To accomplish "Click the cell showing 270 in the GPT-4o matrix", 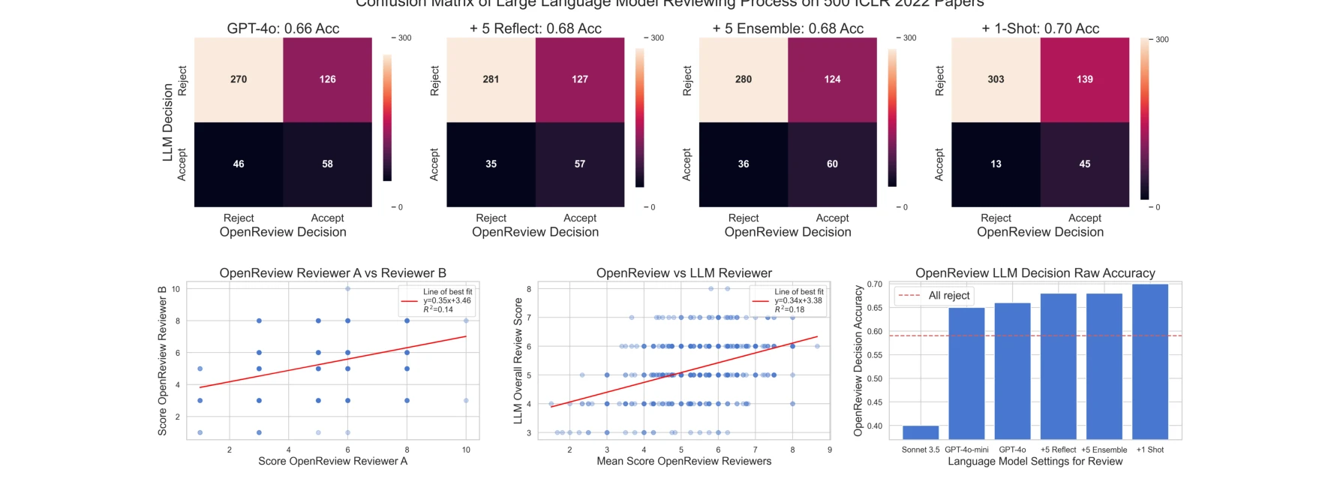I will click(239, 80).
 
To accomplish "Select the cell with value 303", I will click(996, 80).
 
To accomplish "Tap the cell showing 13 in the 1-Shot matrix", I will click(996, 164).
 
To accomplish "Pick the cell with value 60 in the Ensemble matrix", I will click(832, 164).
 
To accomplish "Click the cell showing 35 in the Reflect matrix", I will click(491, 164).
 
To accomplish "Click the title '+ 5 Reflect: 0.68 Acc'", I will click(535, 29).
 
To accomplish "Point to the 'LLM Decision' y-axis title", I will click(168, 122).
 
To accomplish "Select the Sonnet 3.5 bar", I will click(921, 432).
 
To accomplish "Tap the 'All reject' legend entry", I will click(948, 296).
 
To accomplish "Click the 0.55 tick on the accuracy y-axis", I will click(874, 355).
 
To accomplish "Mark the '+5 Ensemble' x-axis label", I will click(1104, 450).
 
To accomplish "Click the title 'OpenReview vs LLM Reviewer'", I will click(684, 273).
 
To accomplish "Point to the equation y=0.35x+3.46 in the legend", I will click(447, 300).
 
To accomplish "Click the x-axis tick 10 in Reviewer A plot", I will click(466, 450).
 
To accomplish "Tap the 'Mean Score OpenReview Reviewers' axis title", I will click(684, 461).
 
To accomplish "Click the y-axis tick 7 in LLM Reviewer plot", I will click(529, 318).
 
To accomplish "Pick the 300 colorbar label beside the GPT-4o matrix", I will click(404, 38).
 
